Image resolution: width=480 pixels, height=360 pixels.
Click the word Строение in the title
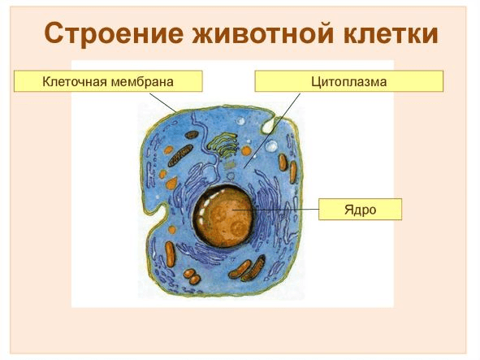click(x=114, y=35)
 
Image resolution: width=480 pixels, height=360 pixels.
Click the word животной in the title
click(x=257, y=35)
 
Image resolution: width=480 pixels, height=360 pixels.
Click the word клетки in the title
click(x=385, y=35)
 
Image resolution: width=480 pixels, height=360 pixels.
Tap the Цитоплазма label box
click(x=348, y=81)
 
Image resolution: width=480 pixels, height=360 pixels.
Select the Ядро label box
click(x=360, y=209)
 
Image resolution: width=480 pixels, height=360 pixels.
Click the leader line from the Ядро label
click(x=284, y=209)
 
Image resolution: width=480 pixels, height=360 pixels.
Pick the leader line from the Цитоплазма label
click(x=272, y=130)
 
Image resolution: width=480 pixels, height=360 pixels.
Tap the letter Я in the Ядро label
click(x=348, y=209)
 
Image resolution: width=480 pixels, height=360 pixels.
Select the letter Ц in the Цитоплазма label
click(x=316, y=81)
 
